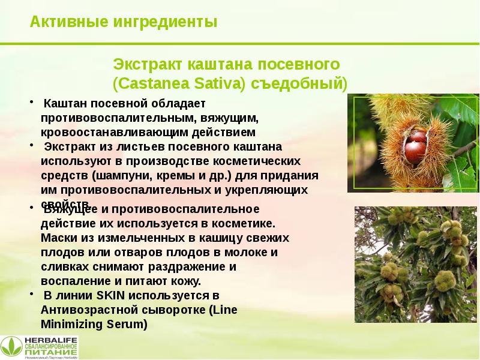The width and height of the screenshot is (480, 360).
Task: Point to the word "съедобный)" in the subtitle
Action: point(299,82)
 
